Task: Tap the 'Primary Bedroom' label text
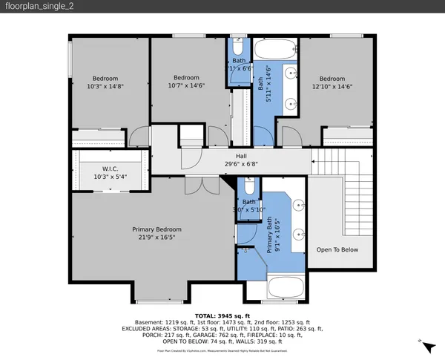(157, 229)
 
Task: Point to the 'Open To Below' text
(337, 249)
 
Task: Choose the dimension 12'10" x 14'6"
(332, 86)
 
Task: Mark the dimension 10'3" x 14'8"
(105, 86)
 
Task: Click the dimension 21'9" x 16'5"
(157, 238)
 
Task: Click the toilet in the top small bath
(237, 46)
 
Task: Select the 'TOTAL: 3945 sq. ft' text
(222, 315)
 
